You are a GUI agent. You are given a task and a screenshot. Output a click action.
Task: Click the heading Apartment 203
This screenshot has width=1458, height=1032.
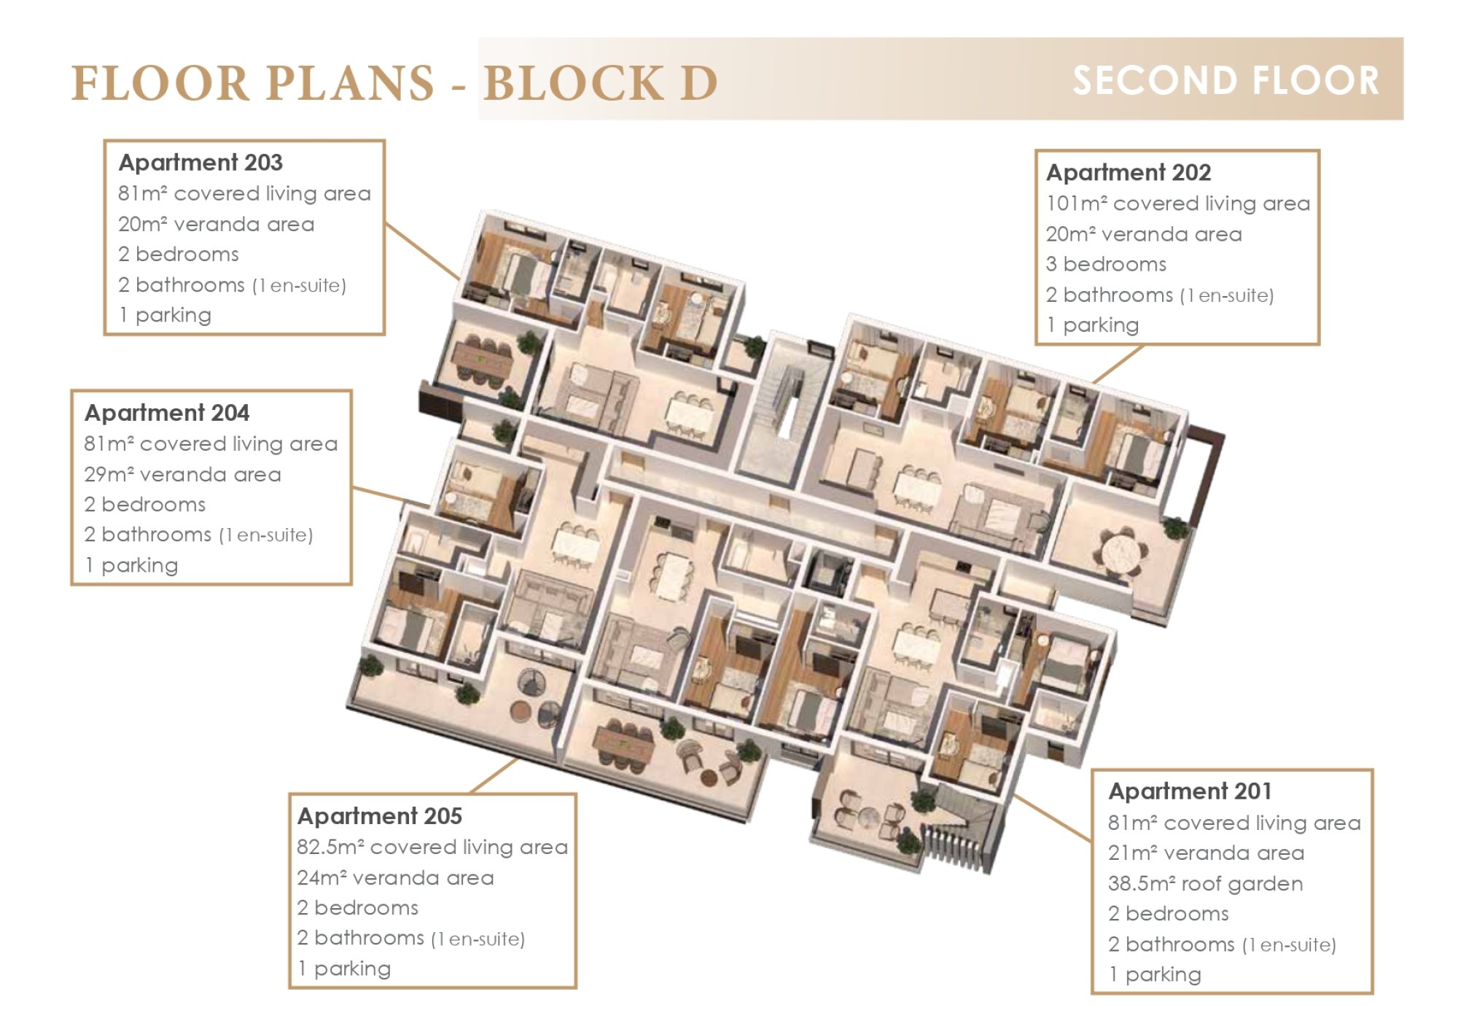[200, 163]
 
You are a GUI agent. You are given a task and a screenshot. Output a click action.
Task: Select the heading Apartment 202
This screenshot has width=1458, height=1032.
[1128, 173]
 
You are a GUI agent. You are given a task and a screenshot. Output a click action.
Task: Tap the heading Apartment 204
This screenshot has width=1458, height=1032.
[167, 413]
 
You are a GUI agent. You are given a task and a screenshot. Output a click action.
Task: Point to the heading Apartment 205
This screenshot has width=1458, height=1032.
[380, 816]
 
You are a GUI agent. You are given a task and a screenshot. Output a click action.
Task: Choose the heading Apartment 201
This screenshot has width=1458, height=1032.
[1190, 791]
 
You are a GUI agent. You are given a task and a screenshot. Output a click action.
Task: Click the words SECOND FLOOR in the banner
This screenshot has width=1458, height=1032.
[1226, 80]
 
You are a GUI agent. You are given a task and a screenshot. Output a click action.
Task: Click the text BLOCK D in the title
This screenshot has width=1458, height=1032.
[601, 82]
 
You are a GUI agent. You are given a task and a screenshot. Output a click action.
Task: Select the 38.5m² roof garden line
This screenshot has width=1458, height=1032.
[1205, 883]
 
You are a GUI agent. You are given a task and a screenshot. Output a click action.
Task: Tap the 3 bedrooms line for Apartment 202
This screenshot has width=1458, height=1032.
[1106, 264]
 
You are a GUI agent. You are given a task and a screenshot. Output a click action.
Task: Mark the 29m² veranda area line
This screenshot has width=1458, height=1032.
[182, 474]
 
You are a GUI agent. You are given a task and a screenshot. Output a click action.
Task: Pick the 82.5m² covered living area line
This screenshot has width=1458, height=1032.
[432, 847]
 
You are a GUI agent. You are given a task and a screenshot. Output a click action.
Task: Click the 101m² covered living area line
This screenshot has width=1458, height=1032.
[1178, 203]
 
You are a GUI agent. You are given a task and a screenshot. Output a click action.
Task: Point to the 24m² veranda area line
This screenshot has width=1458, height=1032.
[395, 877]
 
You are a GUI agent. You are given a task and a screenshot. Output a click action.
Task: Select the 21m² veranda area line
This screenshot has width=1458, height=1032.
[1206, 853]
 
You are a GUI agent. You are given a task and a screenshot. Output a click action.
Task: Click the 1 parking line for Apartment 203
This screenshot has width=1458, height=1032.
[165, 315]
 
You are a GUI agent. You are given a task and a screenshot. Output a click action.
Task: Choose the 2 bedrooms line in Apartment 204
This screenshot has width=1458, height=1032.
[145, 504]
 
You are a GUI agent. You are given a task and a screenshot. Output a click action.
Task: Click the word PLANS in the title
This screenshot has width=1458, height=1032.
[350, 82]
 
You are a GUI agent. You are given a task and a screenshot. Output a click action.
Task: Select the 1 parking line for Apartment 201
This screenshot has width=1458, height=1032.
[1155, 974]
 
